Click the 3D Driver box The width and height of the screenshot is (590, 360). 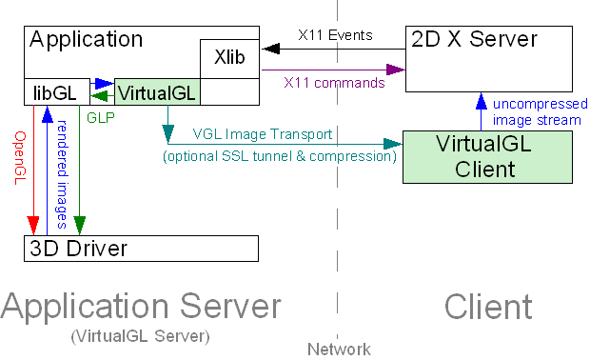point(141,249)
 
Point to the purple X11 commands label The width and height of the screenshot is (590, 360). point(334,83)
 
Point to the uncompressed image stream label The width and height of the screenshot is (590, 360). point(537,112)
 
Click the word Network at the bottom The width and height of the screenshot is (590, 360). point(338,350)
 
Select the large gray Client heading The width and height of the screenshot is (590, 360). point(487,307)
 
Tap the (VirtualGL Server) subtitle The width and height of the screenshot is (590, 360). point(141,336)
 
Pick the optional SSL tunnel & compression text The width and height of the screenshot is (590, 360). point(280,155)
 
